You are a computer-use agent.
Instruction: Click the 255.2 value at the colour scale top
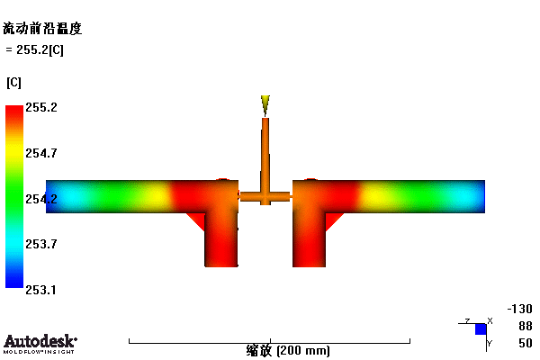[x=41, y=107]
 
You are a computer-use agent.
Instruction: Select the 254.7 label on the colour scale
[x=41, y=153]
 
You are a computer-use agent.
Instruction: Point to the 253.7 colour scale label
[x=41, y=244]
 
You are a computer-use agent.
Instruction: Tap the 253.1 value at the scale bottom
[x=40, y=290]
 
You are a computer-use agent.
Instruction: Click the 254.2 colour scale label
[x=41, y=199]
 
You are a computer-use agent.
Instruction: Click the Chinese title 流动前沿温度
[x=42, y=28]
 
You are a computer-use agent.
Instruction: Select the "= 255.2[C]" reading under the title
[x=35, y=50]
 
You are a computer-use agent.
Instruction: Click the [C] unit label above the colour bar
[x=13, y=83]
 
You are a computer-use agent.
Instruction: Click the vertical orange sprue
[x=265, y=155]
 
